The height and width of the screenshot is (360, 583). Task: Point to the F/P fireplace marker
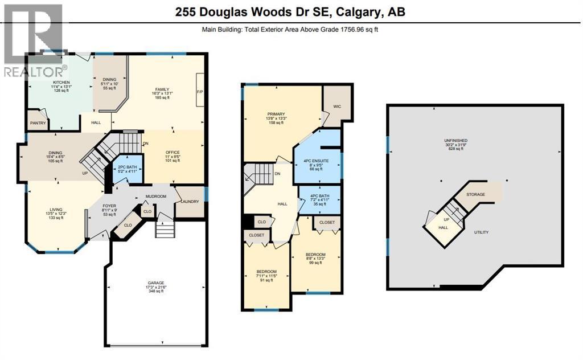coord(200,91)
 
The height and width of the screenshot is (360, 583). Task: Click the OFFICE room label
coord(173,153)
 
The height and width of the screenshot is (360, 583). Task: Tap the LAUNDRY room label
coord(190,201)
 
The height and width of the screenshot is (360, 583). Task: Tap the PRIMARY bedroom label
coord(276,114)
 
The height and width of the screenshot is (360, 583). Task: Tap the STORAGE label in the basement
coord(476,194)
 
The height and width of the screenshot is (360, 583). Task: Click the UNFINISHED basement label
coord(455,141)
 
